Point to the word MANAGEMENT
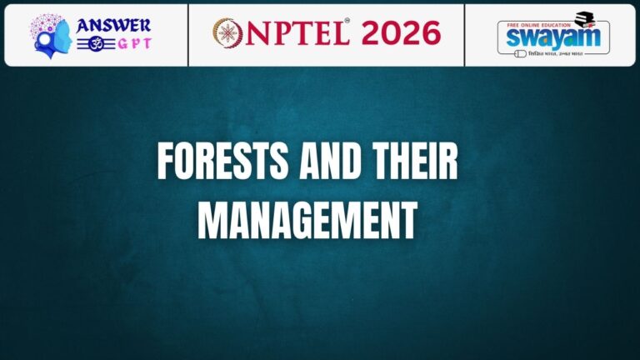(x=307, y=220)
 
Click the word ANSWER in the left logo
(x=113, y=24)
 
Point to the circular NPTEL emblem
(x=227, y=33)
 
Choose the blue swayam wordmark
(x=552, y=38)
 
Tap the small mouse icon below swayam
(x=521, y=54)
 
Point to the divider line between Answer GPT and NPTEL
(x=188, y=34)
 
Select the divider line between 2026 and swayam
(x=465, y=34)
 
